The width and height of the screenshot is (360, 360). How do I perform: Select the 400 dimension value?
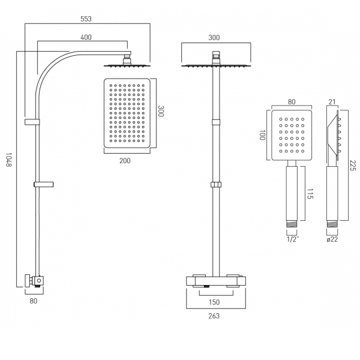pos(86,37)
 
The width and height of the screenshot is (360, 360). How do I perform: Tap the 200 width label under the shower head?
pos(125,161)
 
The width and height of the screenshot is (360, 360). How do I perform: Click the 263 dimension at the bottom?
pos(215,316)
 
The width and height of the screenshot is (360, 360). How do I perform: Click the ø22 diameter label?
pos(331,240)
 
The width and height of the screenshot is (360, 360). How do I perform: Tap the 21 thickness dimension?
pos(332,102)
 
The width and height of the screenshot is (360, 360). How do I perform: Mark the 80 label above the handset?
pos(292,102)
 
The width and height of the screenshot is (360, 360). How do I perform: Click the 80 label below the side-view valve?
pos(34,301)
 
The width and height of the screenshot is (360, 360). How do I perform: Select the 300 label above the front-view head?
pos(215,37)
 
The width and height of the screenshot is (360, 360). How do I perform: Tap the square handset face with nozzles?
pos(292,136)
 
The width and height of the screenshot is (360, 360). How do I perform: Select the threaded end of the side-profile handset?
pos(331,226)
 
